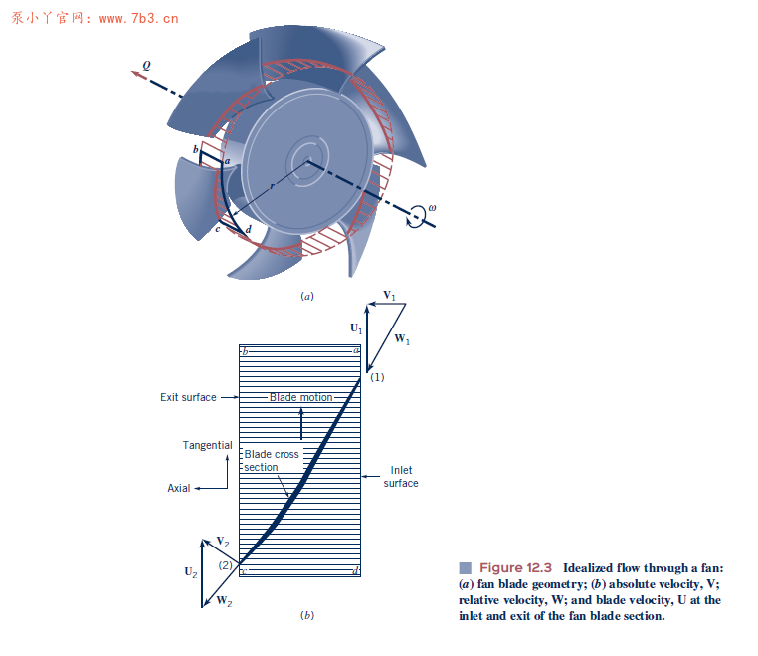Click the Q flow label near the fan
147,64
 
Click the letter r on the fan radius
271,186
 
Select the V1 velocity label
389,296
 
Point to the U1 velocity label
356,327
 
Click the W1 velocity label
402,339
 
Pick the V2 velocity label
224,542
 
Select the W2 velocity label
224,602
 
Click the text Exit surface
188,397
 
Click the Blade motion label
300,397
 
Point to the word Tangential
207,445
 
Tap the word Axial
179,488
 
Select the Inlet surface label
401,476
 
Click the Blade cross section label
272,460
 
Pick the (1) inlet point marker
377,377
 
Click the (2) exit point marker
226,564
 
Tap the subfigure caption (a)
307,296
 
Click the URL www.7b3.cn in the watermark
138,17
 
